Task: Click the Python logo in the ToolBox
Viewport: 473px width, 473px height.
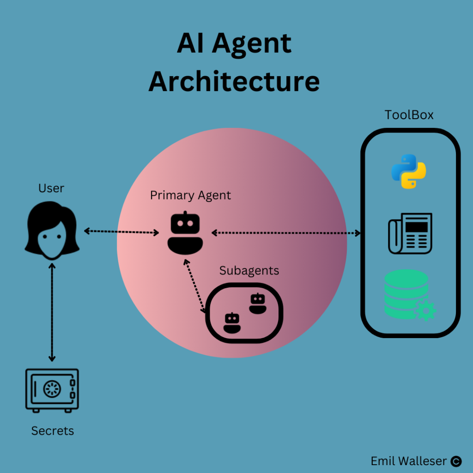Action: (x=409, y=171)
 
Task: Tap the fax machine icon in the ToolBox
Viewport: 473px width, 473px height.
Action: (x=410, y=233)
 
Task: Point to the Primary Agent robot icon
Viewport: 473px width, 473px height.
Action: (x=185, y=233)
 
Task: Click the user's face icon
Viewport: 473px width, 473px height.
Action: (x=51, y=231)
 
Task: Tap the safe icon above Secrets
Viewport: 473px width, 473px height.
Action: (x=52, y=390)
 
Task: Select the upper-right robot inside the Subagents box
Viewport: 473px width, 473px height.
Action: (x=257, y=303)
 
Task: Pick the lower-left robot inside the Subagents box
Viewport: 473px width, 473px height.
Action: (x=232, y=323)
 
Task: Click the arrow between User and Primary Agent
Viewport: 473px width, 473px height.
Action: (x=121, y=231)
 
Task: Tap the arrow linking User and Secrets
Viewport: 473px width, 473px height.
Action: (x=52, y=312)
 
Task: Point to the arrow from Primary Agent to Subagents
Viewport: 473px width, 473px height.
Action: (x=194, y=286)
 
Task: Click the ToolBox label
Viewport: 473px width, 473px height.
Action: (x=409, y=115)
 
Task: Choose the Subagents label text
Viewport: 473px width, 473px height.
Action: (x=249, y=270)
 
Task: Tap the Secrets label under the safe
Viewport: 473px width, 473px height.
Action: (x=52, y=431)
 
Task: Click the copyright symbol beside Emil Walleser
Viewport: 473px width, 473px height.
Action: (x=456, y=461)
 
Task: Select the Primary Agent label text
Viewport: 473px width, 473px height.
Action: (x=190, y=195)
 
